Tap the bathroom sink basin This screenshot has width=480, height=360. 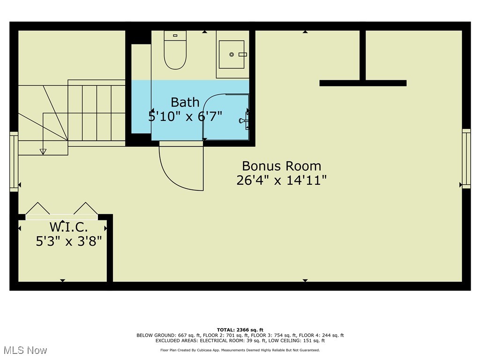click(x=232, y=54)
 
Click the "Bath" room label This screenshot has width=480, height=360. click(x=185, y=102)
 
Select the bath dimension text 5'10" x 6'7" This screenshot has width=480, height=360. click(x=185, y=116)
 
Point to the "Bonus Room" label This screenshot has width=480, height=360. click(x=282, y=166)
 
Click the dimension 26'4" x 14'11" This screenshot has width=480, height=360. click(x=282, y=180)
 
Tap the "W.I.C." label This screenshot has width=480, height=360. click(x=68, y=227)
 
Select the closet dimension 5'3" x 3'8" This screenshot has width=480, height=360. click(x=68, y=241)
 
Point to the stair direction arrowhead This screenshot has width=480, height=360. click(x=43, y=151)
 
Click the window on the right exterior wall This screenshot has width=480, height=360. click(x=466, y=158)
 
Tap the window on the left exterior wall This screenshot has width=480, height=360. click(x=14, y=162)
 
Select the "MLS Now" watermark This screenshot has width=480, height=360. click(x=25, y=350)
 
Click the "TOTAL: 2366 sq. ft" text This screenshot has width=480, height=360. click(x=240, y=330)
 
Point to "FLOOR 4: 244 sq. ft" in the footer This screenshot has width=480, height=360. click(x=321, y=335)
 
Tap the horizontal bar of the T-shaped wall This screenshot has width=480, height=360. click(x=363, y=83)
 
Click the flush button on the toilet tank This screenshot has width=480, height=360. click(x=175, y=36)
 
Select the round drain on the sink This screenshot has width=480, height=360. click(x=232, y=54)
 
